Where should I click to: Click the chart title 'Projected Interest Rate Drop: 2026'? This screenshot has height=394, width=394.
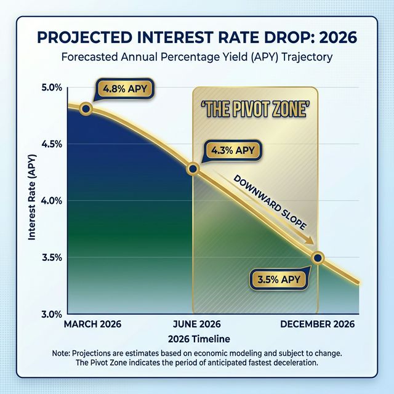pyautogui.click(x=197, y=36)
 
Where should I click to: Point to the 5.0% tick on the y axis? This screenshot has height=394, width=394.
pyautogui.click(x=51, y=87)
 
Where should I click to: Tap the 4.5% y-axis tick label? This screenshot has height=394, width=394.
pyautogui.click(x=51, y=144)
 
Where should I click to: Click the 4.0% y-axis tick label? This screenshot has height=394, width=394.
pyautogui.click(x=51, y=201)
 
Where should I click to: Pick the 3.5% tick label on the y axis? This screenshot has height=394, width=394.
pyautogui.click(x=51, y=257)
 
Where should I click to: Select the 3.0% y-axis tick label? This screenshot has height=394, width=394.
pyautogui.click(x=51, y=313)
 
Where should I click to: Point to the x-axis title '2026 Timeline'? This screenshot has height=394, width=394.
pyautogui.click(x=197, y=339)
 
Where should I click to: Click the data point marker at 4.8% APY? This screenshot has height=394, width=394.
pyautogui.click(x=86, y=109)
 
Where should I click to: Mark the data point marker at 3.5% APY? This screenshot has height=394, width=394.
pyautogui.click(x=318, y=258)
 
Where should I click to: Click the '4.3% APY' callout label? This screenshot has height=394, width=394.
pyautogui.click(x=233, y=150)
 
